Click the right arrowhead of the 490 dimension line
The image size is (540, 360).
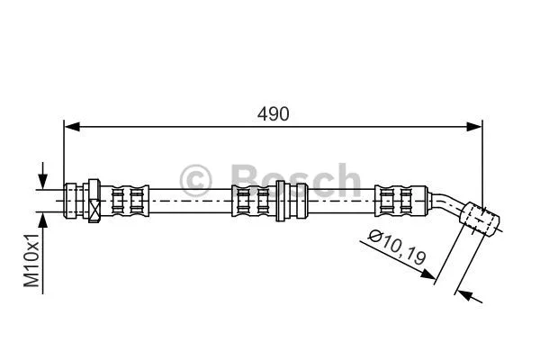pyautogui.click(x=476, y=127)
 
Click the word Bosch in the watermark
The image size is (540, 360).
pyautogui.click(x=296, y=180)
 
